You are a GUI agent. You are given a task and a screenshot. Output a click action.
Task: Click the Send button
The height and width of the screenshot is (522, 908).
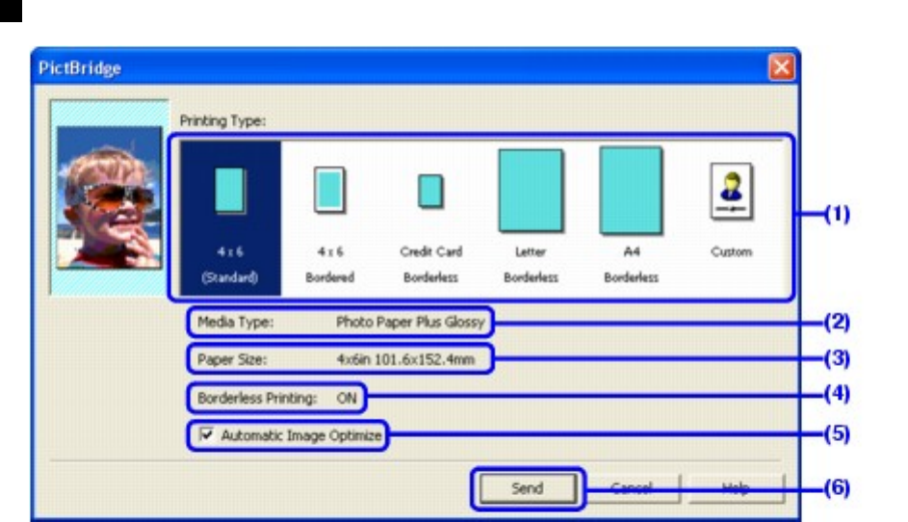[x=527, y=488]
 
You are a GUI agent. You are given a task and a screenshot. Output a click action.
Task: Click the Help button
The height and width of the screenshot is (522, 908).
[x=736, y=487]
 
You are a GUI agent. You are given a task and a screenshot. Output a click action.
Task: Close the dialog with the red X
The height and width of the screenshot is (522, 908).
[x=781, y=68]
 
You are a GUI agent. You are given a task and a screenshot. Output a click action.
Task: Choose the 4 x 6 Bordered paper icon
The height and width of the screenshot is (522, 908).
[x=330, y=190]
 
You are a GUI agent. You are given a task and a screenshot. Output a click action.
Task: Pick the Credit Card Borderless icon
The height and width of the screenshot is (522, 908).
[x=430, y=192]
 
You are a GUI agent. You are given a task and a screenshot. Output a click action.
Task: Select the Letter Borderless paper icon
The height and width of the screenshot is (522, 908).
[x=531, y=191]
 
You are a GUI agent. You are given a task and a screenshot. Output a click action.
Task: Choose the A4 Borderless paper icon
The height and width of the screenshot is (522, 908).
[x=631, y=191]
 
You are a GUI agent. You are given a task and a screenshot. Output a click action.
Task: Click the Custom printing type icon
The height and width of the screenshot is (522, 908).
[x=731, y=191]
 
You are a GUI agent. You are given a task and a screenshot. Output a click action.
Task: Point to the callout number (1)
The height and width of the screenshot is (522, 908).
[x=836, y=215]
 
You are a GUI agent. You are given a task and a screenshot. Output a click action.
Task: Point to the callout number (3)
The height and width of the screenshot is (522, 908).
[x=836, y=358]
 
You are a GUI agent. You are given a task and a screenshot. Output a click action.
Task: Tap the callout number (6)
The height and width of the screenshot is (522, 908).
[x=836, y=487]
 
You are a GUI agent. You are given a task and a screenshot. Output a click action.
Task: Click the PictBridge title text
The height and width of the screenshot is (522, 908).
[x=80, y=68]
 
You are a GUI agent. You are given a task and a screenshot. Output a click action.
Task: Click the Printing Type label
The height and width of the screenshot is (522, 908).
[x=222, y=120]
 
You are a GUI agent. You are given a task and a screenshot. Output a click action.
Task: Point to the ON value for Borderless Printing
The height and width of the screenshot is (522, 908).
[x=347, y=396]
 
